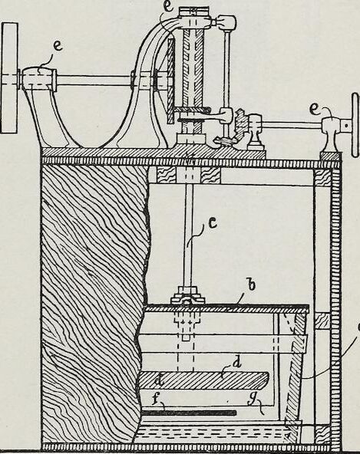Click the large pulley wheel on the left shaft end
point(9,77)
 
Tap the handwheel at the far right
point(355,125)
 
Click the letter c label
point(213,224)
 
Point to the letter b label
point(252,285)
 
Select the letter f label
point(157,399)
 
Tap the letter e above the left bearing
point(58,46)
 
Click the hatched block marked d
point(203,380)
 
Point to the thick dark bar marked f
point(189,413)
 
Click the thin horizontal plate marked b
point(226,309)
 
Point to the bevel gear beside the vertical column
point(240,124)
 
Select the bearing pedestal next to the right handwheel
point(331,135)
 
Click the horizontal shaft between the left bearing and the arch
point(94,81)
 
